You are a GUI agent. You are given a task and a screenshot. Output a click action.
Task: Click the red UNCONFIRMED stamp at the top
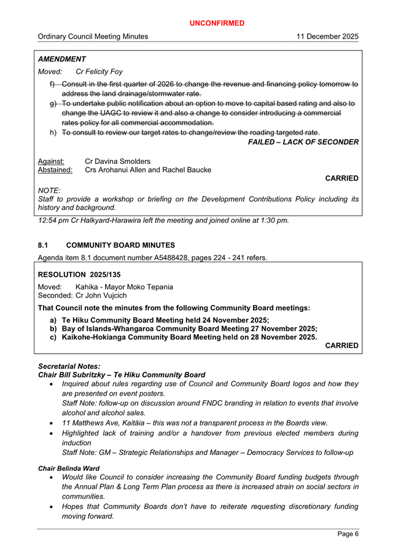(x=216, y=23)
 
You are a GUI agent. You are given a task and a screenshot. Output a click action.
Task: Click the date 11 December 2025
(x=327, y=37)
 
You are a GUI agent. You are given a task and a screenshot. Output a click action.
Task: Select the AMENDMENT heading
(x=62, y=59)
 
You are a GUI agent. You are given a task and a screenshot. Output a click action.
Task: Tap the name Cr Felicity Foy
(x=103, y=72)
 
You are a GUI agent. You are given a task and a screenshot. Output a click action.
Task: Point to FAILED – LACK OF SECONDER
(x=303, y=142)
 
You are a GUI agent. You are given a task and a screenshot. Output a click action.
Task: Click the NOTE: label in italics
(x=50, y=191)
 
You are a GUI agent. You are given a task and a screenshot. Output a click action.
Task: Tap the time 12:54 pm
(x=54, y=220)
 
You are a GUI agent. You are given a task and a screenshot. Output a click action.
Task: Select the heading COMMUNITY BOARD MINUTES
(x=120, y=245)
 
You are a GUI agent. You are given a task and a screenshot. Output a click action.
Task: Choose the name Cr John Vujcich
(x=101, y=296)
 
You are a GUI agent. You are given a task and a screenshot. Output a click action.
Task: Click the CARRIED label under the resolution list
(x=341, y=346)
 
